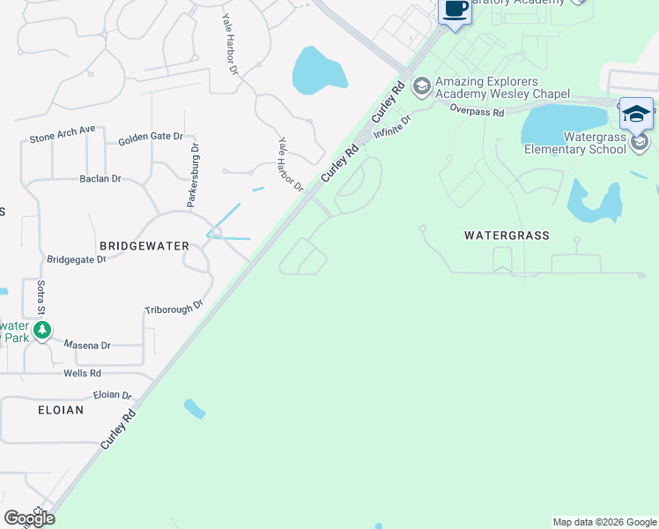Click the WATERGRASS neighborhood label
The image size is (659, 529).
point(507,235)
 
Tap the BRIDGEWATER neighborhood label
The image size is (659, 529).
point(144,246)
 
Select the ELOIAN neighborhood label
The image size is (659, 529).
point(61,410)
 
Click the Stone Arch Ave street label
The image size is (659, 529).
point(62,134)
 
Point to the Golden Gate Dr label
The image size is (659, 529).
point(150,138)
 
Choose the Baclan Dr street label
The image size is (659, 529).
point(100,179)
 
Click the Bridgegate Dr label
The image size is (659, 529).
point(76,259)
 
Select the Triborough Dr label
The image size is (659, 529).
point(174,307)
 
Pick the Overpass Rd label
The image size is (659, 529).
point(476,112)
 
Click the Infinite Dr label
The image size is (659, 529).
point(392,127)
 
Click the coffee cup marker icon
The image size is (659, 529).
point(455,11)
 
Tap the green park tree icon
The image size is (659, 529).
point(42,330)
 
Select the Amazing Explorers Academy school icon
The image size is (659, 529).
point(421,86)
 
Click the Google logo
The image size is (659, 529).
point(29,518)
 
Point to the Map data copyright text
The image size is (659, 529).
point(603,522)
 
